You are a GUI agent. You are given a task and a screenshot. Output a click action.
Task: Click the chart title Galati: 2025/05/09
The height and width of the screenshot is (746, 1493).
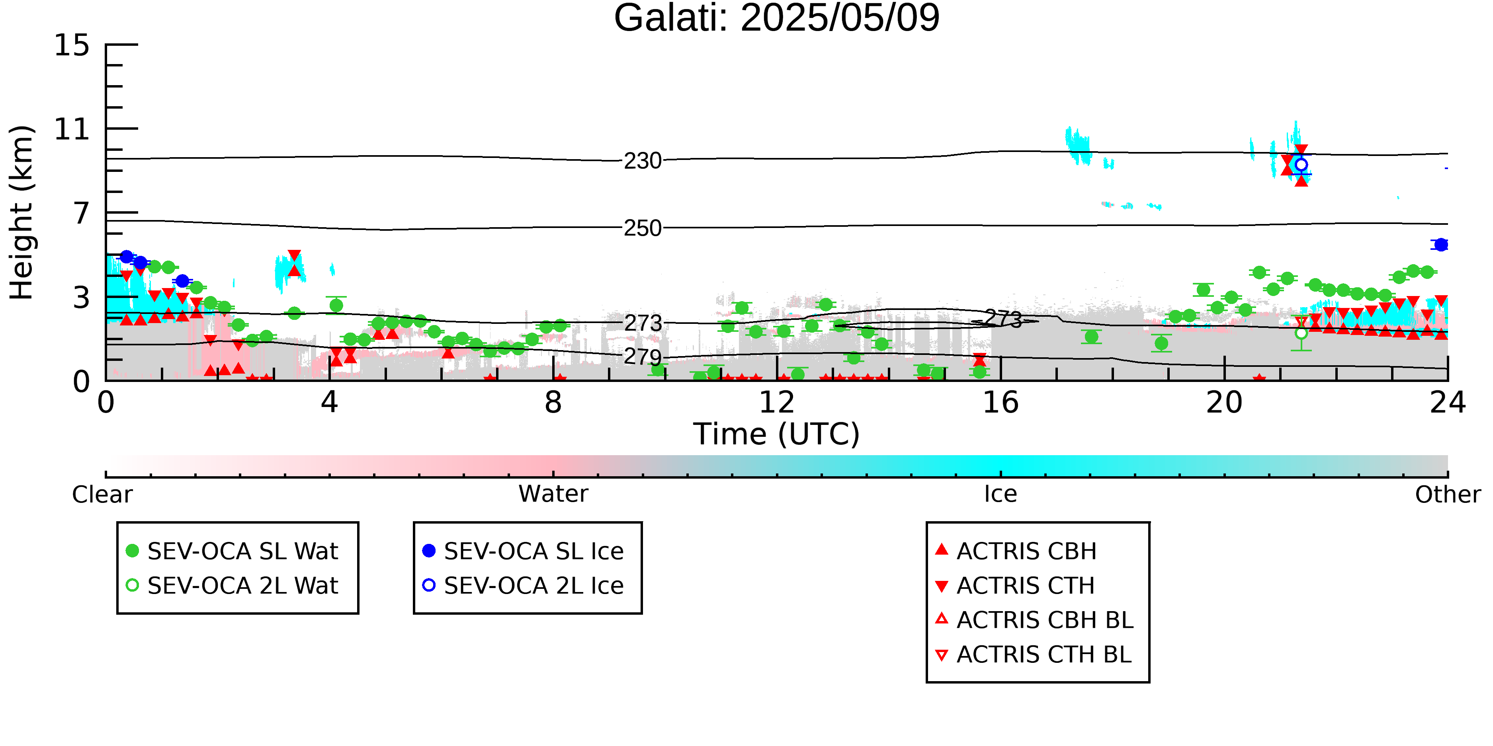tap(777, 19)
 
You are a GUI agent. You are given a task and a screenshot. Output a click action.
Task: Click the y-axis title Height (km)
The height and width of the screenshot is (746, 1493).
tap(22, 212)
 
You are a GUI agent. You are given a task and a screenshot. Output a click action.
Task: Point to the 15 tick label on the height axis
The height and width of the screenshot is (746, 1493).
tap(72, 45)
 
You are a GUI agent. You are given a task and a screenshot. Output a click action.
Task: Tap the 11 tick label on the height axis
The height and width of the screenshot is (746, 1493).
tap(72, 129)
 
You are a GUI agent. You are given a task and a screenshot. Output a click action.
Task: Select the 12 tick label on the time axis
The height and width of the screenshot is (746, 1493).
tap(777, 403)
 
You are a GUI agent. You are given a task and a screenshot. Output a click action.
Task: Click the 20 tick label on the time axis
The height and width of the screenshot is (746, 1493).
tap(1224, 403)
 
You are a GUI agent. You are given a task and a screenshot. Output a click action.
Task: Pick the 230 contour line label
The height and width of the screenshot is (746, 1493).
tap(643, 161)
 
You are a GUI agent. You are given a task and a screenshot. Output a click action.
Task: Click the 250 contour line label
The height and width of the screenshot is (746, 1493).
tap(643, 228)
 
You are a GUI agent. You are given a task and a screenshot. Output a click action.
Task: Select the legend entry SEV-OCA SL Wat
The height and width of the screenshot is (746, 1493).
tap(232, 551)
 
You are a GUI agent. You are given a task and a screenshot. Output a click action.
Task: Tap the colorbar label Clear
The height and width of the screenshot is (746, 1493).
tap(102, 495)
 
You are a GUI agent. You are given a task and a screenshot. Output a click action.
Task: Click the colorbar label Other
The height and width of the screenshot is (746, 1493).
tap(1448, 495)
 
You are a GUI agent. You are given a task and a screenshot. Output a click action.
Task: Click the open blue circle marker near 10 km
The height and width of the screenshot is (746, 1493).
tap(1301, 164)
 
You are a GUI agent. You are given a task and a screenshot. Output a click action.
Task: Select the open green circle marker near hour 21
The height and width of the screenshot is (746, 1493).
tap(1301, 333)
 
